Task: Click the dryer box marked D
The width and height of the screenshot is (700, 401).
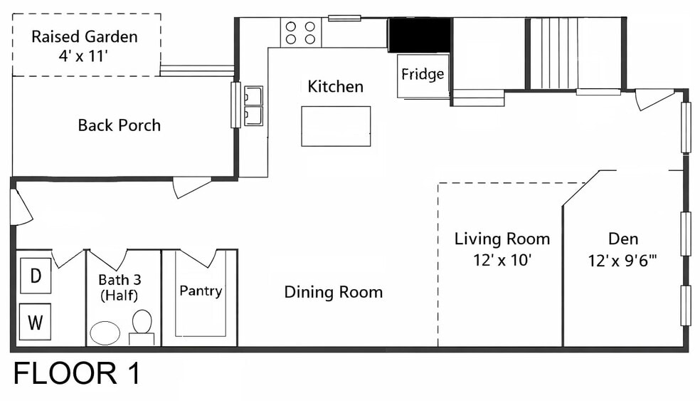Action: click(36, 276)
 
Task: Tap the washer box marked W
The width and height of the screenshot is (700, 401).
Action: click(36, 322)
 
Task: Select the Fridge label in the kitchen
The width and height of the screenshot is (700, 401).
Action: click(423, 74)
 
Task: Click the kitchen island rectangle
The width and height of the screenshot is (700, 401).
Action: click(336, 126)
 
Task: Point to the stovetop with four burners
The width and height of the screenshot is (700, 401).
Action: click(300, 33)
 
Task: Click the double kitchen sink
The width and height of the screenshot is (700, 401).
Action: click(253, 106)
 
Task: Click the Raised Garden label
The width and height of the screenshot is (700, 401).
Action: click(85, 36)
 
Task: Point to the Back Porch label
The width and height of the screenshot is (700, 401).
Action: click(120, 125)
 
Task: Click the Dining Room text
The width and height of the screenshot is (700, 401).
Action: click(334, 292)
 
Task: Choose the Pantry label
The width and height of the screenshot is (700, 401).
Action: click(201, 291)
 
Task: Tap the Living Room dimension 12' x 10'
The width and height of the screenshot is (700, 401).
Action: click(502, 260)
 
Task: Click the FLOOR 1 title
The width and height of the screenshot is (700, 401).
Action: click(77, 374)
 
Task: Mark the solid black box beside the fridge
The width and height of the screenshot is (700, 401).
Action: click(419, 36)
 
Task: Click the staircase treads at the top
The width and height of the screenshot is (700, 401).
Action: click(553, 53)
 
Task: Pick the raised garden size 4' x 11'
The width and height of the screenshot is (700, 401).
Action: click(83, 56)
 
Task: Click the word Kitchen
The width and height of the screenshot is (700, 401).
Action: click(335, 86)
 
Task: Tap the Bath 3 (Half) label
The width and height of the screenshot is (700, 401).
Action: click(120, 288)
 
